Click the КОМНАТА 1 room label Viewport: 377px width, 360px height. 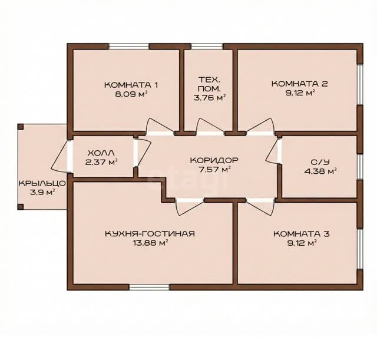131,85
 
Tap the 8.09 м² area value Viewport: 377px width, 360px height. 131,94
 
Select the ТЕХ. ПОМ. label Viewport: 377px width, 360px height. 209,84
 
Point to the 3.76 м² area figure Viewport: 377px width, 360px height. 210,97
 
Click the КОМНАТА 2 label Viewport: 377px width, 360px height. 300,84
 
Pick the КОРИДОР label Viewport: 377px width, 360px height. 214,160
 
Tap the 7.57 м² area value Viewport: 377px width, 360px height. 214,169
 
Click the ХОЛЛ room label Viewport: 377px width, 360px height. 101,153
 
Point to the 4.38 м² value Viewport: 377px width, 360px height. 320,171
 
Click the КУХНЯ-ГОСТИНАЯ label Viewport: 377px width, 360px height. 150,234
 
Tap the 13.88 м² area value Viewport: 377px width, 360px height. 150,243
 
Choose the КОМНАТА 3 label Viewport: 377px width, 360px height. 302,234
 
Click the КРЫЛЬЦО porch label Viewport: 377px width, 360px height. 42,183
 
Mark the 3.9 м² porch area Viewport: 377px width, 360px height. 42,193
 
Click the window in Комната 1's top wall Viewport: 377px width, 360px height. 129,47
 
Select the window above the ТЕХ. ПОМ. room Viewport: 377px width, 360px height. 207,47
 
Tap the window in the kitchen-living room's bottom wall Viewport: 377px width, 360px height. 149,288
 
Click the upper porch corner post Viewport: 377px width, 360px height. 21,127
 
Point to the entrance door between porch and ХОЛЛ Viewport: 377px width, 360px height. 61,156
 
